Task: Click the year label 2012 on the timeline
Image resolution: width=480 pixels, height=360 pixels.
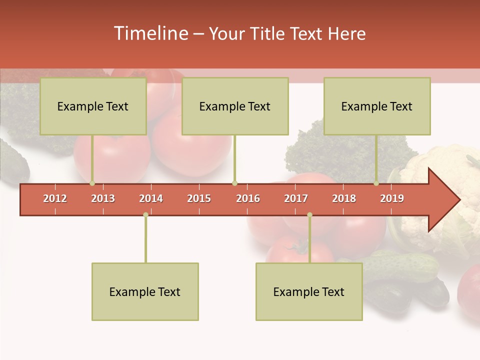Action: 55,198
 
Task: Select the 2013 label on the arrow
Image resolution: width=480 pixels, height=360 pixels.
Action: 103,198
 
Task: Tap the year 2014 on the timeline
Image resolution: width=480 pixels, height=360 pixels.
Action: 151,198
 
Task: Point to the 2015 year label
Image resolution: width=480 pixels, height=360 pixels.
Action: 199,198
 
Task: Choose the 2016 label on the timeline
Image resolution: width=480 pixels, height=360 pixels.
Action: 248,198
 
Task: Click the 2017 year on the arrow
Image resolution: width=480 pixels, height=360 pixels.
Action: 296,198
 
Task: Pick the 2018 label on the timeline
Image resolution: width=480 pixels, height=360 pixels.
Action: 344,198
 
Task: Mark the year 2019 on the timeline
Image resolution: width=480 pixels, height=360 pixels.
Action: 392,198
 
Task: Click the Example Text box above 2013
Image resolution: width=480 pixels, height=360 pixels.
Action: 93,106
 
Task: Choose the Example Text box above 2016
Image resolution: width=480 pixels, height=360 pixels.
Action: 235,106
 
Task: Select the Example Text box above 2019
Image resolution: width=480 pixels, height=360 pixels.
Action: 377,106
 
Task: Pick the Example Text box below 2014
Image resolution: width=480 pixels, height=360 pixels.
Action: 145,291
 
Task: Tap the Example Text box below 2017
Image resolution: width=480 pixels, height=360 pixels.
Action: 309,291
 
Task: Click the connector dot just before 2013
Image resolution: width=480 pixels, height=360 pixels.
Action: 92,183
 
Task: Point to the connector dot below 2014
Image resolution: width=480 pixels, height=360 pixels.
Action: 145,215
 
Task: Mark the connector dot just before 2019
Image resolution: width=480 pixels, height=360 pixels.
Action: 376,183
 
